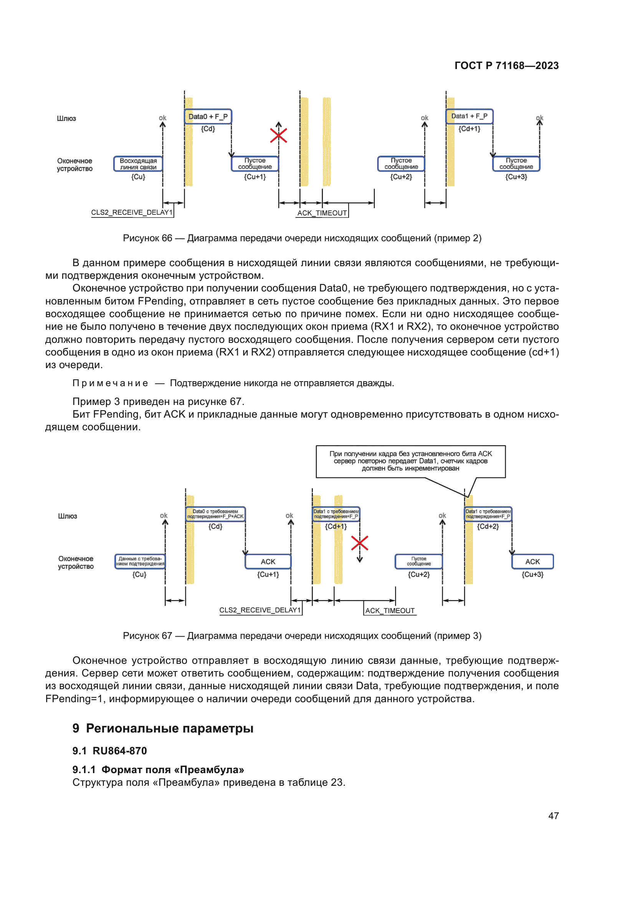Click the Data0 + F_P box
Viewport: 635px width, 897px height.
click(208, 117)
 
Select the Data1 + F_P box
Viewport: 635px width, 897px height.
click(469, 116)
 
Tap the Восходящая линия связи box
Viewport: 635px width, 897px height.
click(138, 164)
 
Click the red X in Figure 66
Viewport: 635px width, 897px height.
click(278, 135)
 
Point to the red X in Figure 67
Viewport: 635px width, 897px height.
click(360, 543)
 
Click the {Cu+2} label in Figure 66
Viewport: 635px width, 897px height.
click(401, 177)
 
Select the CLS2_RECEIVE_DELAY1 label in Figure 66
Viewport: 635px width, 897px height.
click(132, 212)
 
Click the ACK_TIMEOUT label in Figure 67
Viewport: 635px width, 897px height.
click(390, 611)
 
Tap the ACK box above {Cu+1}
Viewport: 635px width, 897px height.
click(268, 561)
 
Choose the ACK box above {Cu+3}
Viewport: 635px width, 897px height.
click(532, 561)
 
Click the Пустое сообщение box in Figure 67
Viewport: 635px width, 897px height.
click(419, 561)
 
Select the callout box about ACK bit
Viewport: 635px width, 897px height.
click(410, 461)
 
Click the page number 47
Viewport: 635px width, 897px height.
click(553, 816)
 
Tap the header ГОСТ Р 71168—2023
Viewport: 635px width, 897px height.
click(506, 66)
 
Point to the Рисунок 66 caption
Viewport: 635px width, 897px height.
click(302, 238)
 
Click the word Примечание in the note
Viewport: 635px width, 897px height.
click(110, 383)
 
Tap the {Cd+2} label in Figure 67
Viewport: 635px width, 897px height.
click(488, 527)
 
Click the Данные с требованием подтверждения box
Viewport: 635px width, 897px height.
click(140, 561)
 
